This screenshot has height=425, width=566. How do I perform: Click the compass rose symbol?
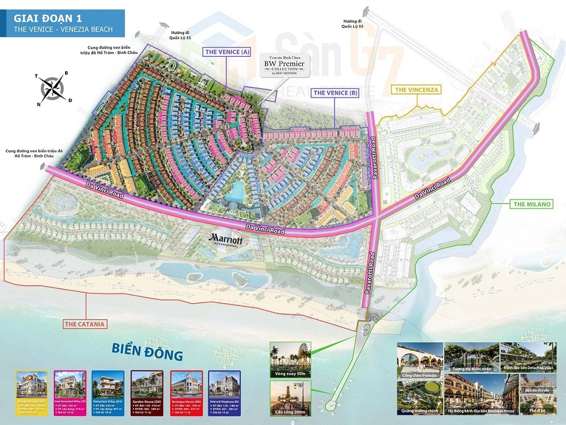click(52, 88)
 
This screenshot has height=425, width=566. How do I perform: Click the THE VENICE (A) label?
click(226, 52)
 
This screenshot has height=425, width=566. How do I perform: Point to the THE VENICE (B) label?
click(336, 92)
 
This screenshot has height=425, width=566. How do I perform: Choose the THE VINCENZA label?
click(417, 90)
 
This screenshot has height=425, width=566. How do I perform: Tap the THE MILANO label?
click(516, 204)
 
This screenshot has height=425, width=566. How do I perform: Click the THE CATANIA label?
click(85, 325)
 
